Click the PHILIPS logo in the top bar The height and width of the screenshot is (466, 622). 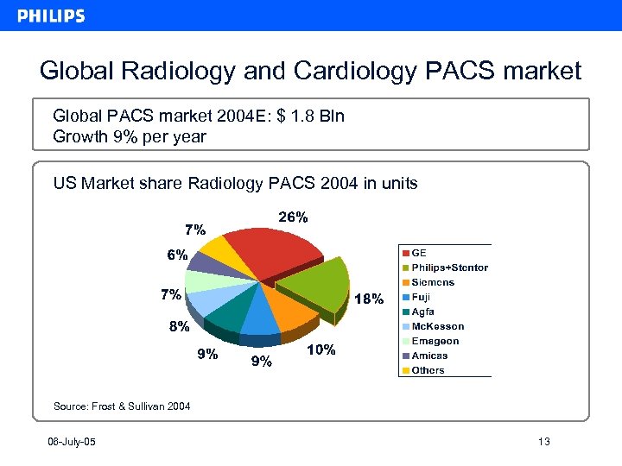tap(51, 16)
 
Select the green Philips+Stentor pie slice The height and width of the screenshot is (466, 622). tap(315, 285)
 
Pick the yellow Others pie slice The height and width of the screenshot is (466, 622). tap(216, 252)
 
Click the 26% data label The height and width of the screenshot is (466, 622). tap(292, 217)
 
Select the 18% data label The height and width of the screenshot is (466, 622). tap(370, 299)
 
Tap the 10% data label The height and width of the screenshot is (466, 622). tap(321, 350)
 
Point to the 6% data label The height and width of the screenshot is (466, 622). tap(177, 255)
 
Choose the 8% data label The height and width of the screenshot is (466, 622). tap(179, 327)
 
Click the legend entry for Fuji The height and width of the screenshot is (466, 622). tap(421, 297)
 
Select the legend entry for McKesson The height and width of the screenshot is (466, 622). tap(437, 326)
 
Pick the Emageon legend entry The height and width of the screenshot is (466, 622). tap(435, 341)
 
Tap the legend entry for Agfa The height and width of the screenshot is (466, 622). tap(422, 312)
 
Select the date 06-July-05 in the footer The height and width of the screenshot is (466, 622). tap(72, 443)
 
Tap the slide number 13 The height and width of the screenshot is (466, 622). tap(543, 443)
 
